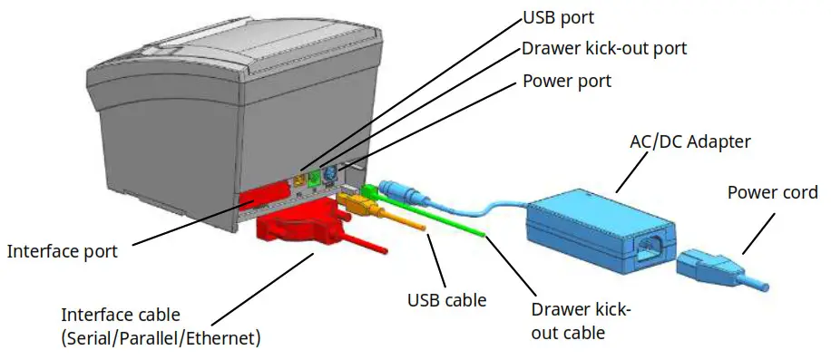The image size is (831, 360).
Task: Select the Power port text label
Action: (567, 81)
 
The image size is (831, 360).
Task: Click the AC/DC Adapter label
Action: (690, 141)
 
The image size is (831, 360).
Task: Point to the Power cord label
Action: (773, 192)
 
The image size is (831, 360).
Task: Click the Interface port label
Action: (62, 251)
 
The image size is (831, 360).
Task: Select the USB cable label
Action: (446, 298)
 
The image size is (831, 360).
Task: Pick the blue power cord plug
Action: (717, 269)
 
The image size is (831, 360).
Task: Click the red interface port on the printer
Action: (263, 198)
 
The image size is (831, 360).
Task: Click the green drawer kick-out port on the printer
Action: (314, 180)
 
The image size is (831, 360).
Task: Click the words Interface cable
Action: (121, 316)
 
